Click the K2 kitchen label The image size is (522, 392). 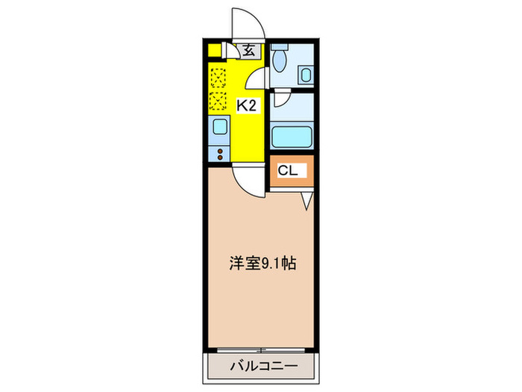click(247, 105)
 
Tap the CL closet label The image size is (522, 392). click(288, 171)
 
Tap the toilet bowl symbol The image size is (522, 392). click(280, 57)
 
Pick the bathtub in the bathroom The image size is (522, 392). click(292, 137)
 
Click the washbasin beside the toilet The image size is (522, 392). click(306, 75)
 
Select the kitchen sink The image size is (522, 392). click(219, 127)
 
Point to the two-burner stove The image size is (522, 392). click(219, 155)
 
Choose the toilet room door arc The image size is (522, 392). click(258, 78)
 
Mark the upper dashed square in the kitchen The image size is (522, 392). click(218, 77)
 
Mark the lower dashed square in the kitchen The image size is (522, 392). click(218, 101)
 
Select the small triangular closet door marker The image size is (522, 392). click(306, 201)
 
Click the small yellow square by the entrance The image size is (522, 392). click(215, 52)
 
